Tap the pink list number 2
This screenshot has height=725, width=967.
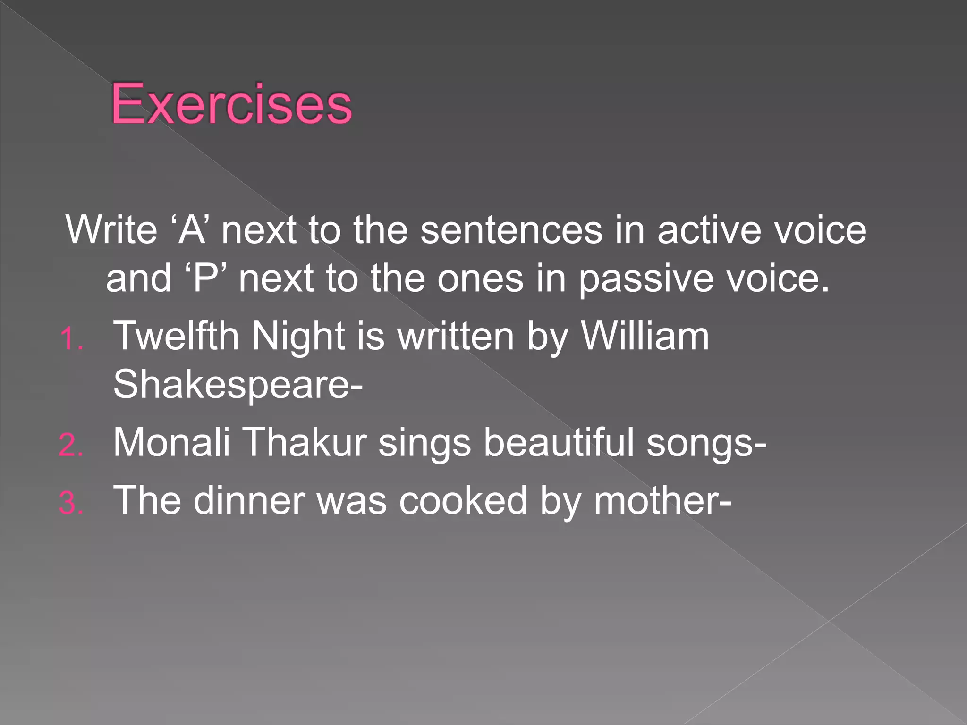[71, 445]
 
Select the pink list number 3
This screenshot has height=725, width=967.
[71, 503]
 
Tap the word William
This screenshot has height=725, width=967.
[645, 336]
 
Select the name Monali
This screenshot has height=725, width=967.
[171, 442]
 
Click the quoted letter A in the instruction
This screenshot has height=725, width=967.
[192, 230]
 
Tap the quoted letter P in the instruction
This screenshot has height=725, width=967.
[208, 278]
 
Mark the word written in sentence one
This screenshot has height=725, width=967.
[456, 336]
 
